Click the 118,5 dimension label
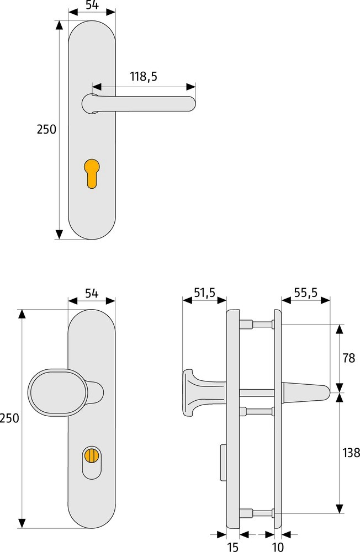tap(144, 76)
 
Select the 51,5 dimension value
tap(205, 293)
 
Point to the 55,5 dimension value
tap(306, 293)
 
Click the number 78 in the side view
tap(349, 358)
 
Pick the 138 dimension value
tap(351, 453)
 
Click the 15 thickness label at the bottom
tap(232, 546)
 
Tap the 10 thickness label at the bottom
tap(278, 546)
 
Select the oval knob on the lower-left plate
tap(57, 392)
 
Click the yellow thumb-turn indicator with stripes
tap(92, 455)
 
